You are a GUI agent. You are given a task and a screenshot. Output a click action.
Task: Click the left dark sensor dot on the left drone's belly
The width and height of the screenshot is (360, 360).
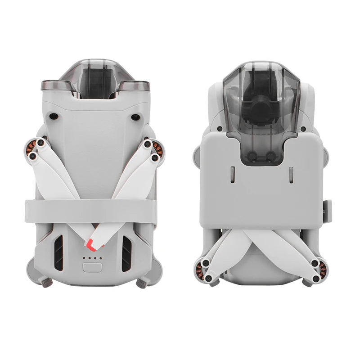(x=54, y=117)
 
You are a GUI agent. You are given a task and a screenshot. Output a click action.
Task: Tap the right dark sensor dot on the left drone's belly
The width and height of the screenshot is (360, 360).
(x=135, y=117)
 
